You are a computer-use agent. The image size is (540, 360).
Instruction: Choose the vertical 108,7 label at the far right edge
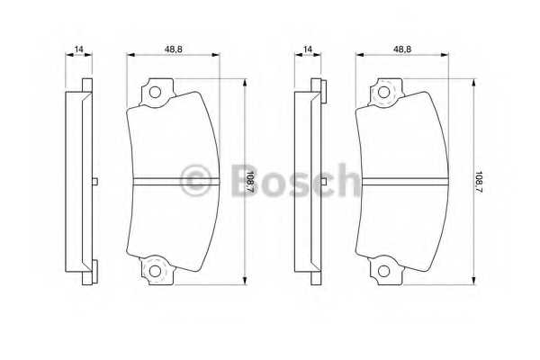coord(478,179)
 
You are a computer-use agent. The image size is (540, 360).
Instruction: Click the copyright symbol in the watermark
coord(195,180)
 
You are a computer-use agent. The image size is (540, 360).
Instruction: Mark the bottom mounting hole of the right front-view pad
coord(385,269)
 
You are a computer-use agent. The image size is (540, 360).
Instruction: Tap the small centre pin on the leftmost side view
coord(94,180)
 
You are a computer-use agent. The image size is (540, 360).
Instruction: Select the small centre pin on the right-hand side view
coord(322,180)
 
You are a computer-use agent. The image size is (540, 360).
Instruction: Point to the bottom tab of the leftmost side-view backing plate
coord(86,271)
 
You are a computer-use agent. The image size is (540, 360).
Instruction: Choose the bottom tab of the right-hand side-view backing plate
coord(316,271)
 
